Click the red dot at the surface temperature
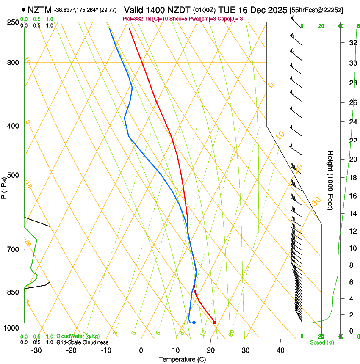tap(214, 323)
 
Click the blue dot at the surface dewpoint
tap(194, 323)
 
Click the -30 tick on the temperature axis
tap(36, 350)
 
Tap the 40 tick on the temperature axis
tap(280, 350)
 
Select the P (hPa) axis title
tap(4, 186)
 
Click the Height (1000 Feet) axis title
tap(330, 180)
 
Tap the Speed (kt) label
tap(321, 342)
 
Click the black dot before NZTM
tap(23, 9)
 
